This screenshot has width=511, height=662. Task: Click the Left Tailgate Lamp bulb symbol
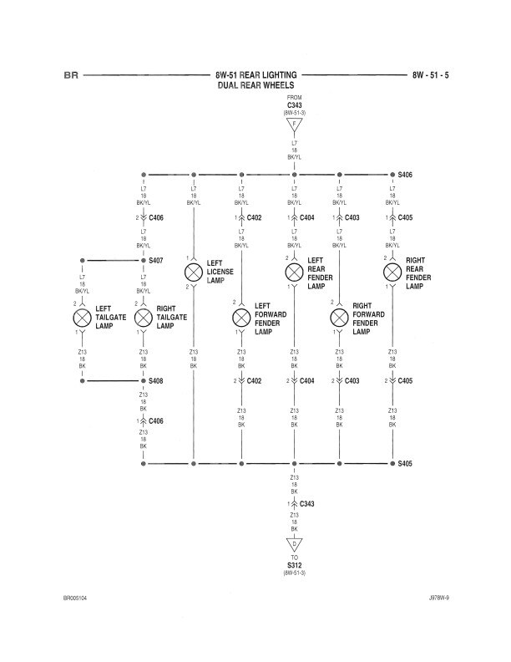(83, 318)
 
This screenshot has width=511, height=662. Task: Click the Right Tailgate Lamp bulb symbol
(144, 318)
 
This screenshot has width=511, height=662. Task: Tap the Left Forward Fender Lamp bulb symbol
(241, 318)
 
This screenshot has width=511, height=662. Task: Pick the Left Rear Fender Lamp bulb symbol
(294, 272)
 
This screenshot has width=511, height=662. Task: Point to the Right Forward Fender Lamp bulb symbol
(339, 318)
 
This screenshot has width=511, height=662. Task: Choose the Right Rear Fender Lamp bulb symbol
(392, 272)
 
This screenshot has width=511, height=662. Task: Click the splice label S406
(406, 176)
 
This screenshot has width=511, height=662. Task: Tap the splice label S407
(155, 260)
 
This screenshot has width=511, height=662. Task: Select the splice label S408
(155, 381)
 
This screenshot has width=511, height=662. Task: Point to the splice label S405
(406, 462)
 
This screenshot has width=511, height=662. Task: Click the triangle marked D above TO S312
(294, 544)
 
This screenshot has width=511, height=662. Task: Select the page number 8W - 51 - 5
(430, 75)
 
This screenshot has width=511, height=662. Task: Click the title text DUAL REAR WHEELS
(255, 85)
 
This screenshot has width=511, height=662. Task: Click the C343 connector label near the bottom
(306, 504)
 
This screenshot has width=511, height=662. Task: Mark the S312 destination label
(294, 566)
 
